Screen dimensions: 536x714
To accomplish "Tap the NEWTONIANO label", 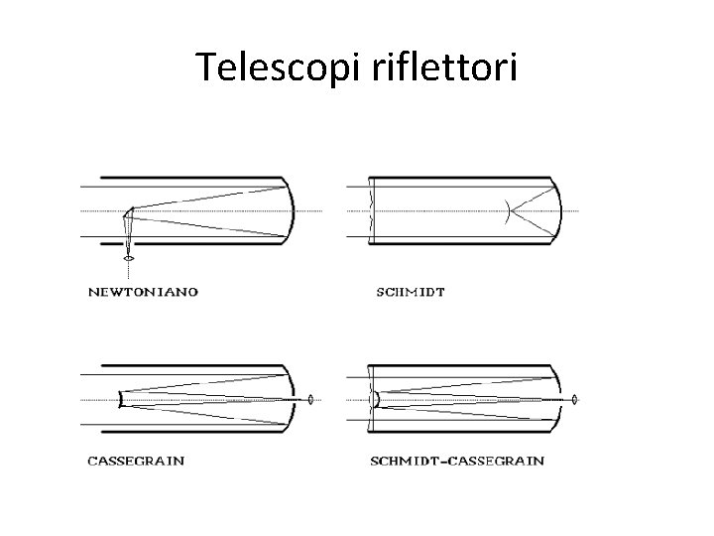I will click(x=144, y=292).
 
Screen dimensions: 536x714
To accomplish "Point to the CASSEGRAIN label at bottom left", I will click(x=136, y=461).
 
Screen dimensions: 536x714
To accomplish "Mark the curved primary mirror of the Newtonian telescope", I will click(x=294, y=210).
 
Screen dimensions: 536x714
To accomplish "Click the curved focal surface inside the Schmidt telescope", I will click(x=507, y=210).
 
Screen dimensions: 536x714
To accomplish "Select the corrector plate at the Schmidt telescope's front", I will click(x=369, y=210).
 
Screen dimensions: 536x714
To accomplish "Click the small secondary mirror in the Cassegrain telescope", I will click(x=120, y=400).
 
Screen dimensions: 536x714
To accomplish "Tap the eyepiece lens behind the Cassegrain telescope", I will click(x=311, y=400).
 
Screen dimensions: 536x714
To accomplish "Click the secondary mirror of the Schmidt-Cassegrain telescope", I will click(x=375, y=400).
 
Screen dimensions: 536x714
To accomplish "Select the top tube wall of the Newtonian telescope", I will click(x=188, y=179).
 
